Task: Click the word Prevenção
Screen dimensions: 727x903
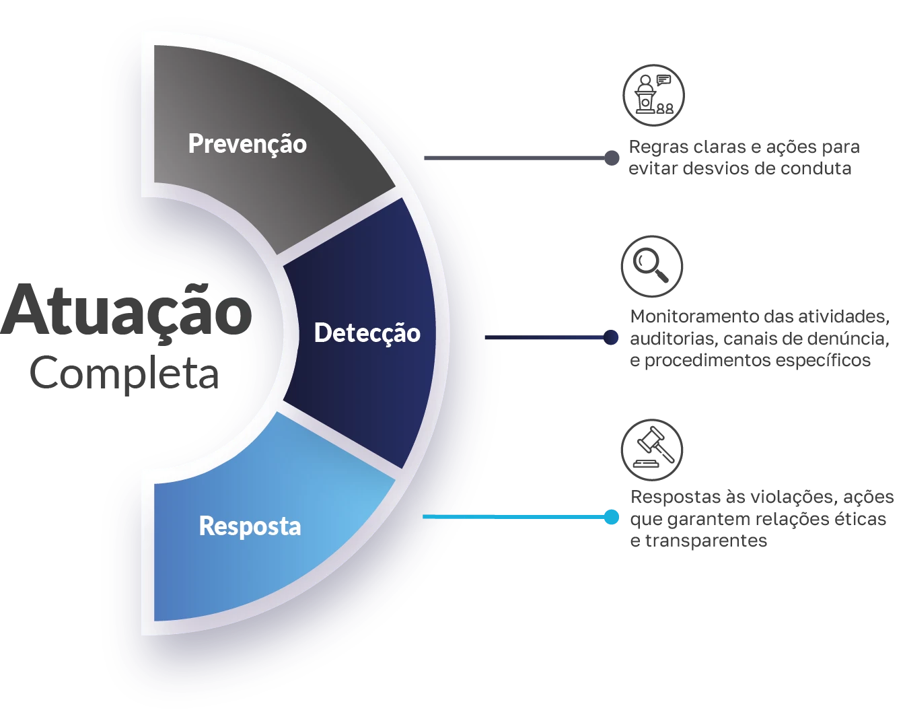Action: pos(247,144)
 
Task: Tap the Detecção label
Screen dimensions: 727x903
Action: pos(367,333)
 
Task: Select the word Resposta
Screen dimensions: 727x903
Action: pos(250,526)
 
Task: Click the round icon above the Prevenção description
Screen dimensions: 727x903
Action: pos(653,94)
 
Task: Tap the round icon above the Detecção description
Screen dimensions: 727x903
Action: pos(651,266)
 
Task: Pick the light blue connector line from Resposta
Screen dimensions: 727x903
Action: pos(511,517)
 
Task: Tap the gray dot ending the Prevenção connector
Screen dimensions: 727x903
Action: pos(613,156)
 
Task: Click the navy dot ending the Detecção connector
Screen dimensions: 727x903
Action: pos(612,337)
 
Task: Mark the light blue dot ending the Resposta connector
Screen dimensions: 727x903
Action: pos(611,517)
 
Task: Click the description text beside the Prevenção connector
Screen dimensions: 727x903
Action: pos(744,158)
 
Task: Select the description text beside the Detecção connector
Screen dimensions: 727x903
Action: pos(760,339)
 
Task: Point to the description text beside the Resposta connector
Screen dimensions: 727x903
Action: pos(760,519)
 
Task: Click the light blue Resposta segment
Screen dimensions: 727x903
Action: pos(269,565)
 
